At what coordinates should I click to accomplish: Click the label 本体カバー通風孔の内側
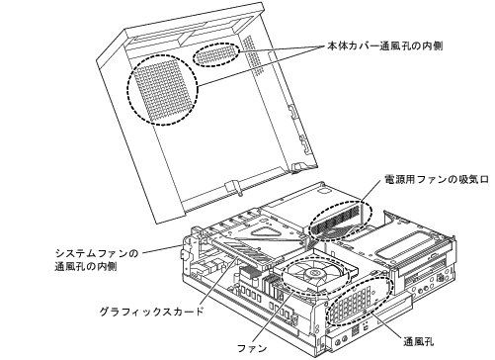point(384,45)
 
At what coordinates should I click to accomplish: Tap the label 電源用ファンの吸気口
point(437,179)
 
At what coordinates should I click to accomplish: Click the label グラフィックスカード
point(152,312)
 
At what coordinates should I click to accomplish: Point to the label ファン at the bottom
point(252,348)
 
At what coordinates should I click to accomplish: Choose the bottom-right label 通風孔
point(419,341)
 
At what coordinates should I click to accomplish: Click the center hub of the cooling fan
point(312,273)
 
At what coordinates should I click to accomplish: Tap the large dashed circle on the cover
point(162,89)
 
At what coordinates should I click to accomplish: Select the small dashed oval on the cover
point(216,54)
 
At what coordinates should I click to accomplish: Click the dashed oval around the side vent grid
point(360,301)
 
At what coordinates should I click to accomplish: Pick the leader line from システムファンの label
point(160,249)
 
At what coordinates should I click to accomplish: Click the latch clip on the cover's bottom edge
point(233,187)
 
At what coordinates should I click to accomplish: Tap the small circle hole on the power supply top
point(324,190)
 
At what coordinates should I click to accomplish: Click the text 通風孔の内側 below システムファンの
point(86,266)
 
